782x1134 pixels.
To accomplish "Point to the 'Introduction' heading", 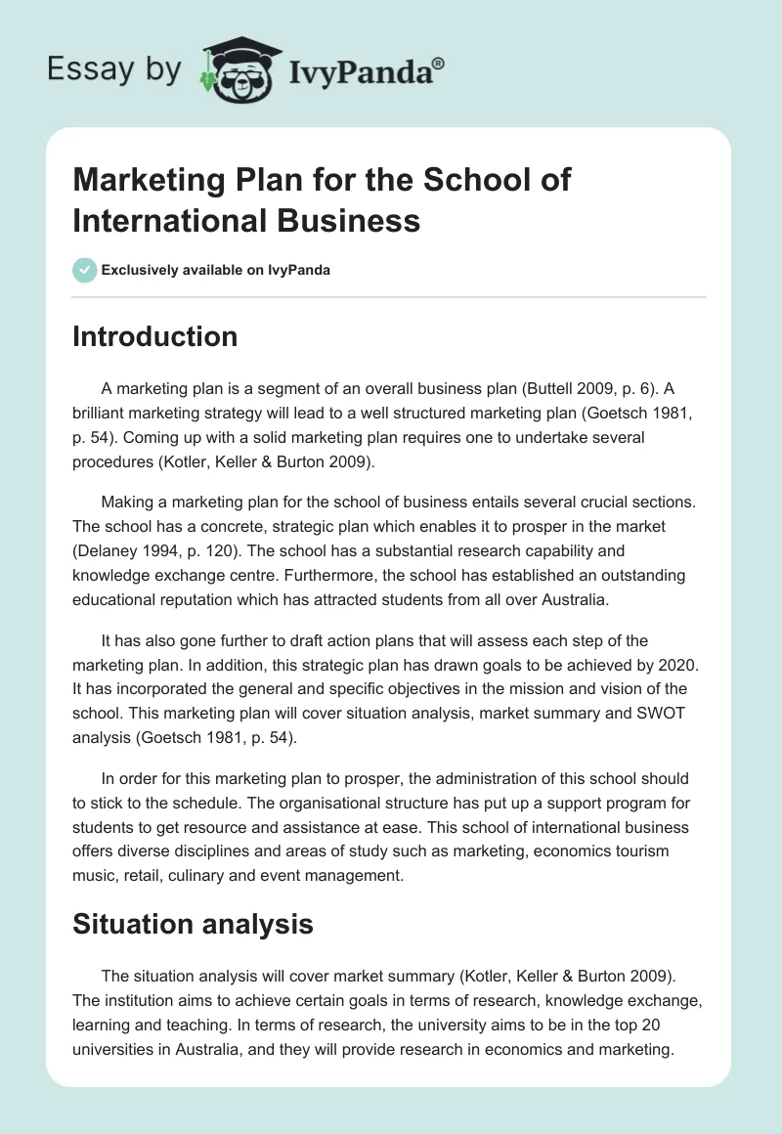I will [155, 337].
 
